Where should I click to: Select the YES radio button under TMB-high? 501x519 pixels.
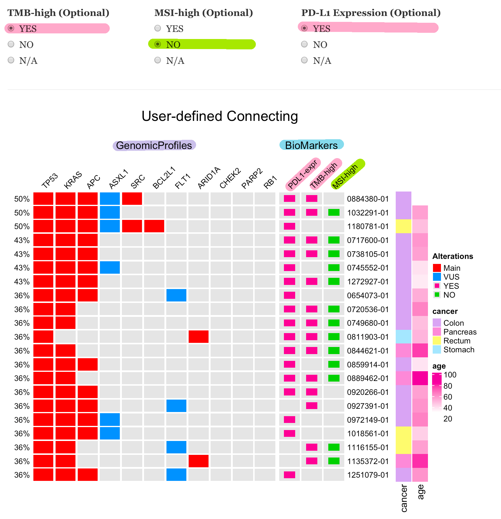pyautogui.click(x=11, y=28)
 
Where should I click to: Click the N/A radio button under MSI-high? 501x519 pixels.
pyautogui.click(x=158, y=60)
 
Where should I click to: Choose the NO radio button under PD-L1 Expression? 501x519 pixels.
pyautogui.click(x=305, y=44)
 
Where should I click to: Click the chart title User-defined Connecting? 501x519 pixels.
pyautogui.click(x=220, y=116)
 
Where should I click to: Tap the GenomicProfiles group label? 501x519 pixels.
pyautogui.click(x=154, y=145)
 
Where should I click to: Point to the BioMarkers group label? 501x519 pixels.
pyautogui.click(x=311, y=145)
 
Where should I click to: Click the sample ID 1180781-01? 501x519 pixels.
pyautogui.click(x=368, y=226)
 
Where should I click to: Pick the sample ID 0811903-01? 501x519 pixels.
pyautogui.click(x=368, y=337)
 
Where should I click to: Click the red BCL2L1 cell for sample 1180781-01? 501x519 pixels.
pyautogui.click(x=154, y=226)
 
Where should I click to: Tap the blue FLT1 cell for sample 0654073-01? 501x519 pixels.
pyautogui.click(x=176, y=295)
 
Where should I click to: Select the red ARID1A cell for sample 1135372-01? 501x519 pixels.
pyautogui.click(x=198, y=461)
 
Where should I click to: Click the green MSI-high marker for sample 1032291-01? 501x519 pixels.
pyautogui.click(x=334, y=212)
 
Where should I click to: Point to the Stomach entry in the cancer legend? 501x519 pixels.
pyautogui.click(x=458, y=350)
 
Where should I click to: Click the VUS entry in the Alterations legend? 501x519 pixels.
pyautogui.click(x=451, y=277)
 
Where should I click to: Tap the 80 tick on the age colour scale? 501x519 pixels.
pyautogui.click(x=448, y=386)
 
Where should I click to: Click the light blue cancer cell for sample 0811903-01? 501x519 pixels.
pyautogui.click(x=403, y=337)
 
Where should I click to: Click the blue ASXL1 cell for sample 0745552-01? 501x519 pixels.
pyautogui.click(x=110, y=267)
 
